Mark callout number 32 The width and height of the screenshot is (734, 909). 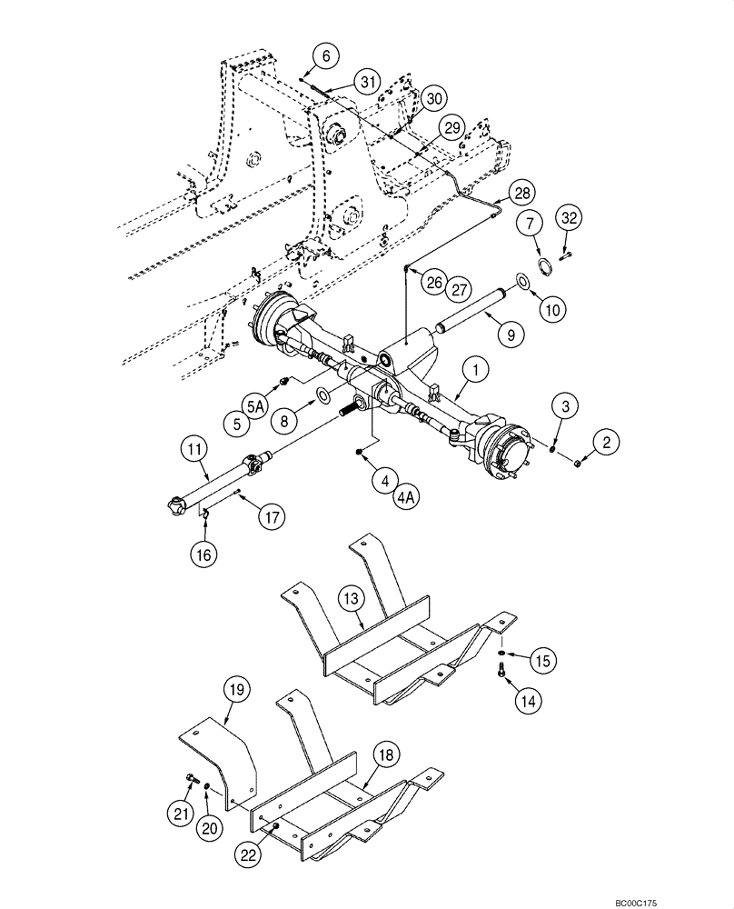(x=569, y=218)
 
